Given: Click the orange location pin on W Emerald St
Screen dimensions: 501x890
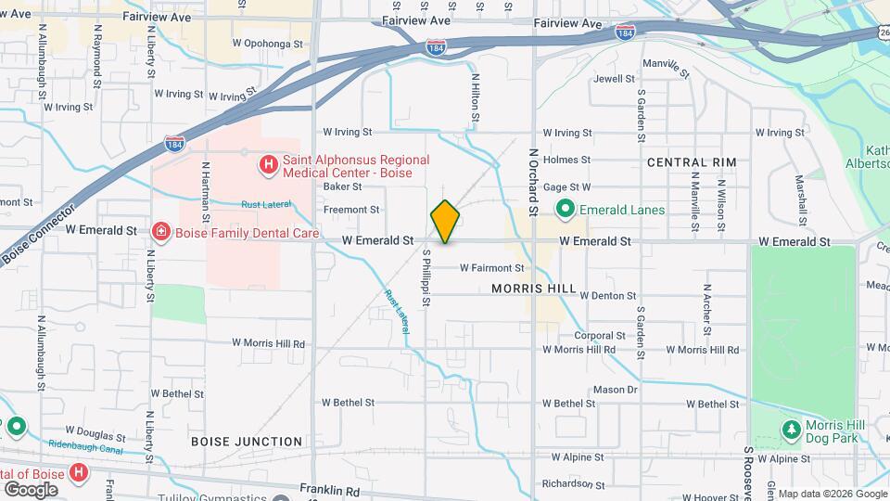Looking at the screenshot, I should [445, 222].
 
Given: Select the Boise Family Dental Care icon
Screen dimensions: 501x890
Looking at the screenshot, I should [160, 232].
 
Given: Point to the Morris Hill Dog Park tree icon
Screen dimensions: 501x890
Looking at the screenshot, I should [791, 430].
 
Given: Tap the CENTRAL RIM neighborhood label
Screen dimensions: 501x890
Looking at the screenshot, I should [692, 162].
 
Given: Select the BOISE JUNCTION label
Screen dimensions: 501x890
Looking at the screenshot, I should [247, 442].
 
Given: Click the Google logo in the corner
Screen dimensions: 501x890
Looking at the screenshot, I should [31, 489].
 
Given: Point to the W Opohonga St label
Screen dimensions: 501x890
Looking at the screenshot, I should [268, 44].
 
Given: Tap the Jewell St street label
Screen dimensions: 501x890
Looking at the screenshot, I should [614, 79].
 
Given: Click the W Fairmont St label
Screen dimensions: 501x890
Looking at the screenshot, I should [491, 268].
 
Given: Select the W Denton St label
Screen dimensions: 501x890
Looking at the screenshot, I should [607, 296].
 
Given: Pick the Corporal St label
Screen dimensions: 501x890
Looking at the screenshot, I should [600, 336].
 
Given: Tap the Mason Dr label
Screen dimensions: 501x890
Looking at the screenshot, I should [615, 390].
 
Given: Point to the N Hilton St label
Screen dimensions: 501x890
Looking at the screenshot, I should [476, 99].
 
